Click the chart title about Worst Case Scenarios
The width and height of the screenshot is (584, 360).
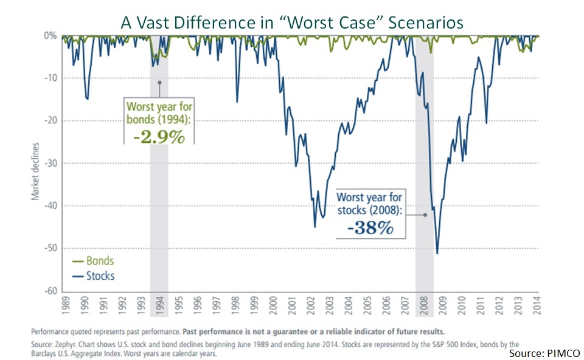[292, 22]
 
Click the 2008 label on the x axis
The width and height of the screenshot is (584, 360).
[424, 305]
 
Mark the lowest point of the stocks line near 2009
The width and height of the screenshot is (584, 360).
[437, 253]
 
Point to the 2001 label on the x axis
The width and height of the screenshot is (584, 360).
[292, 305]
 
